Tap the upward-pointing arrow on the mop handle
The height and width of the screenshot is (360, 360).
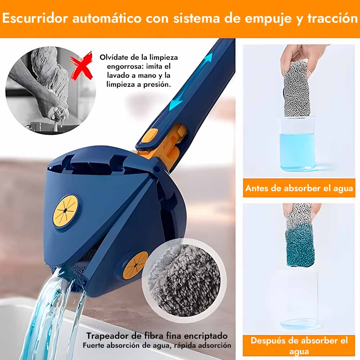pos(207,60)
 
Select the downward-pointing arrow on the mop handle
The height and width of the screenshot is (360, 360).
pos(176,102)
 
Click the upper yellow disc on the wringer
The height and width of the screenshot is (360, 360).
pos(66,210)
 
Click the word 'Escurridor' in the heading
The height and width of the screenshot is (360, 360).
pos(35,18)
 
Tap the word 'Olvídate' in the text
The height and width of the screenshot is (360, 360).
pos(113,57)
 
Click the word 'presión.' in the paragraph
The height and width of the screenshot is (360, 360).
pos(157,85)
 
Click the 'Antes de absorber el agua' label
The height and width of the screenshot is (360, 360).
pos(299,188)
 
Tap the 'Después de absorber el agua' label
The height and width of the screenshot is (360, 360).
pos(299,346)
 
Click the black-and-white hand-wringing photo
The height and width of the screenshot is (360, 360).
pos(50,91)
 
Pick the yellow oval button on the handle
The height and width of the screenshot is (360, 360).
pos(149,136)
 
